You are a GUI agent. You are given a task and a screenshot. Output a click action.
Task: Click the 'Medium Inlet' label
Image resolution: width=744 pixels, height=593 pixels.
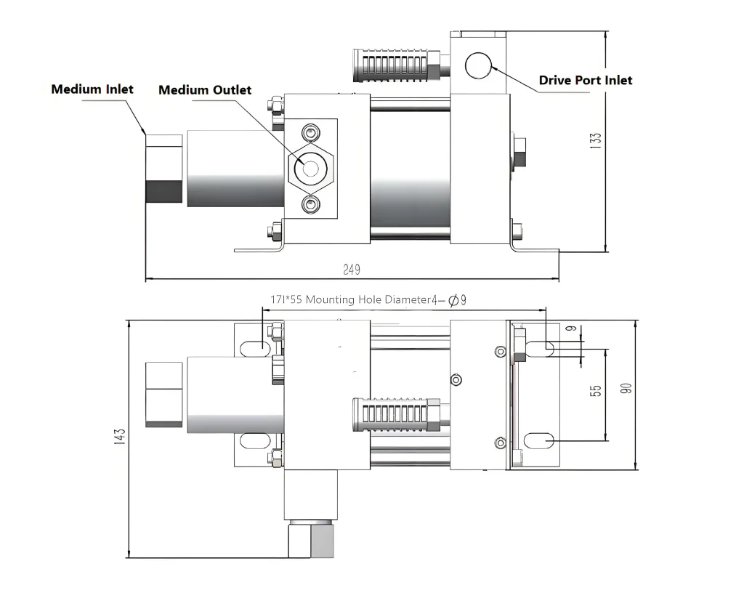click(92, 89)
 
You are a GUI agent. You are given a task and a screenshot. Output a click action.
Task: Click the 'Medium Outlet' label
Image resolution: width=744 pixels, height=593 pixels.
click(204, 90)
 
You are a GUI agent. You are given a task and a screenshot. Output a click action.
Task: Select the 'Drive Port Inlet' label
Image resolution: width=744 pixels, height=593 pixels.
click(585, 80)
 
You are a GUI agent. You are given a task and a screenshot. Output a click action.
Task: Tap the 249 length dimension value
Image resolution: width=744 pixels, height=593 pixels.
click(352, 270)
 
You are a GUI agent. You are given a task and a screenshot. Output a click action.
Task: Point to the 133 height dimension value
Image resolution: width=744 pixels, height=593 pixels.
click(596, 141)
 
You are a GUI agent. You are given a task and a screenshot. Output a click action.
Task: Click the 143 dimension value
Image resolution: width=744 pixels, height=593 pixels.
click(120, 437)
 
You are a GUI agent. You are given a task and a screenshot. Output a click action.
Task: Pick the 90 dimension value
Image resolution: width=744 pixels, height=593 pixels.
click(626, 388)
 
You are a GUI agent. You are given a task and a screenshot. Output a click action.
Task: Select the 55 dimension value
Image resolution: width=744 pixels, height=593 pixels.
click(596, 391)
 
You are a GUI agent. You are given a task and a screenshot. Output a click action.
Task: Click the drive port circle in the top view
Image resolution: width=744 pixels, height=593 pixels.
click(478, 65)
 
